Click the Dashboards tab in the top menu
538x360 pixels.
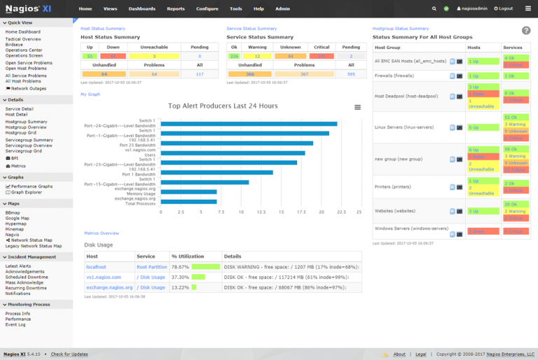click(x=142, y=8)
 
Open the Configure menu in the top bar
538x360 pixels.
click(x=207, y=8)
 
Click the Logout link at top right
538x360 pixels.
click(x=503, y=8)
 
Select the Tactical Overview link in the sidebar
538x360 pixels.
click(x=23, y=39)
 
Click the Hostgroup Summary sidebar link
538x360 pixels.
click(x=26, y=121)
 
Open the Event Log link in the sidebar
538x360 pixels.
click(x=15, y=325)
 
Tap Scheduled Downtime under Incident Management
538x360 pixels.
click(x=27, y=277)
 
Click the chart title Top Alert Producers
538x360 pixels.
click(x=223, y=106)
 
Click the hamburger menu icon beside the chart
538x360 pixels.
click(x=358, y=107)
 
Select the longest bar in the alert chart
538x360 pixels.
click(x=249, y=124)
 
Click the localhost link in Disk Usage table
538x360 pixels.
click(x=96, y=267)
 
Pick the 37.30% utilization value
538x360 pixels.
click(x=180, y=277)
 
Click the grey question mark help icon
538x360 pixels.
click(x=526, y=30)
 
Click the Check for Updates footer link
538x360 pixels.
click(x=69, y=354)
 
